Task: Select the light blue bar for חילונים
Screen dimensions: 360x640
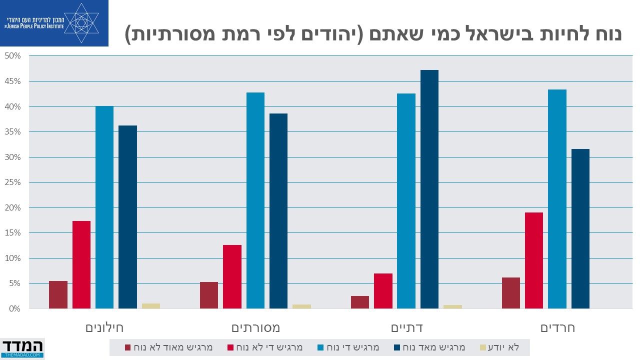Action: tap(104, 207)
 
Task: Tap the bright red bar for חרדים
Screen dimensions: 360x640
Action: tap(534, 260)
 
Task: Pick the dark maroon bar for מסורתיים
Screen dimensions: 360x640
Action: tap(209, 295)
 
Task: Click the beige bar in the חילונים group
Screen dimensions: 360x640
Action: tap(151, 306)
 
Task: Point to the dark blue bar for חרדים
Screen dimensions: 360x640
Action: tap(580, 228)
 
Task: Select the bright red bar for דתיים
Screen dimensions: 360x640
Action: tap(383, 291)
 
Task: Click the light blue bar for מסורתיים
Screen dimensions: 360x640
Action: tap(255, 200)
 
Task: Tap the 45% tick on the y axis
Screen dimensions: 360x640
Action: tap(13, 81)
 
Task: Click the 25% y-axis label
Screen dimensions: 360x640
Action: tap(13, 182)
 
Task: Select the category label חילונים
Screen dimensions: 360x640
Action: tap(104, 328)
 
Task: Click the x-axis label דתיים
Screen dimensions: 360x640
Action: tap(406, 328)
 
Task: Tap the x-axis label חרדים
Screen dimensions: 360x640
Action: tap(557, 328)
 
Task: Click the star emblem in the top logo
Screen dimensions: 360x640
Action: tap(81, 22)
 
